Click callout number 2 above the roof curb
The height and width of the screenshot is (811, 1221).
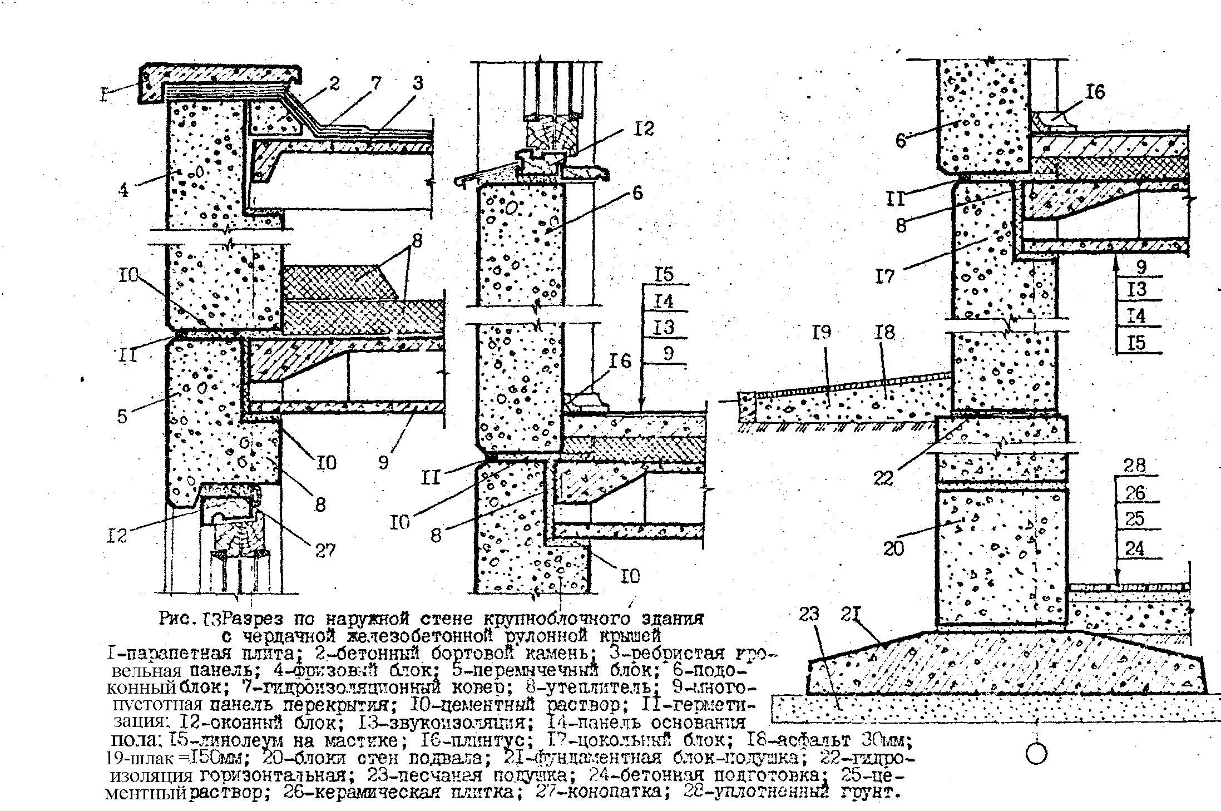pyautogui.click(x=334, y=84)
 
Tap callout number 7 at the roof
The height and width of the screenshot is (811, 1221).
pyautogui.click(x=377, y=83)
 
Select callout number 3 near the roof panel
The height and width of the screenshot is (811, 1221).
pyautogui.click(x=417, y=83)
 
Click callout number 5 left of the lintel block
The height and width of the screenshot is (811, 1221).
pyautogui.click(x=122, y=416)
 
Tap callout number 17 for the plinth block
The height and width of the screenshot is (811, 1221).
pyautogui.click(x=884, y=275)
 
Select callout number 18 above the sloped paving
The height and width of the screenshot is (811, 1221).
pyautogui.click(x=884, y=333)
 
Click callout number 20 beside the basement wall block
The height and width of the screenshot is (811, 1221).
pyautogui.click(x=894, y=548)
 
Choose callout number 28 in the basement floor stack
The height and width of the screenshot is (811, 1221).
pyautogui.click(x=1134, y=466)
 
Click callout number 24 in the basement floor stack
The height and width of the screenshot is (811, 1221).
pyautogui.click(x=1134, y=549)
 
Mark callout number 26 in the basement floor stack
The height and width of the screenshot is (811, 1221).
pyautogui.click(x=1134, y=492)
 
